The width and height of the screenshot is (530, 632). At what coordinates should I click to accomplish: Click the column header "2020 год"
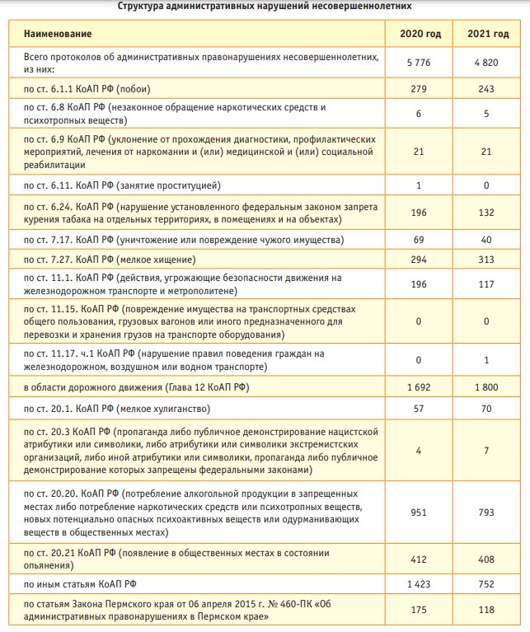point(419,34)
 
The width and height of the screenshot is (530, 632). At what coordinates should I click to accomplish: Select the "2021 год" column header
point(485,34)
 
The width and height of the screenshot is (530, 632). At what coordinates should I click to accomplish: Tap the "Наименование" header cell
point(58,34)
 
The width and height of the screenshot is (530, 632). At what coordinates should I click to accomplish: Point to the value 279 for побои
point(419,88)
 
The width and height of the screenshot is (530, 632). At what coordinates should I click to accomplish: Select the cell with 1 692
point(419,386)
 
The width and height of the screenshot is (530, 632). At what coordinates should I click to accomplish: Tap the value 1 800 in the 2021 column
point(485,386)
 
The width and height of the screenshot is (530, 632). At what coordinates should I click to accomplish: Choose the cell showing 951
point(419,511)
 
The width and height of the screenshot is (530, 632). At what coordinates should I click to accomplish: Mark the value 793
point(485,511)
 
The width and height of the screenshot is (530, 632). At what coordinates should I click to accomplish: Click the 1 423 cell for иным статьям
point(419,585)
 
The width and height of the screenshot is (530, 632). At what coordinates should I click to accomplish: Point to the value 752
point(485,585)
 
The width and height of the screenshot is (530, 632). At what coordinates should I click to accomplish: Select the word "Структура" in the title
point(143,6)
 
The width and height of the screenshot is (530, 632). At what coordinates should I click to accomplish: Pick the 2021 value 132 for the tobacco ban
point(485,213)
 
